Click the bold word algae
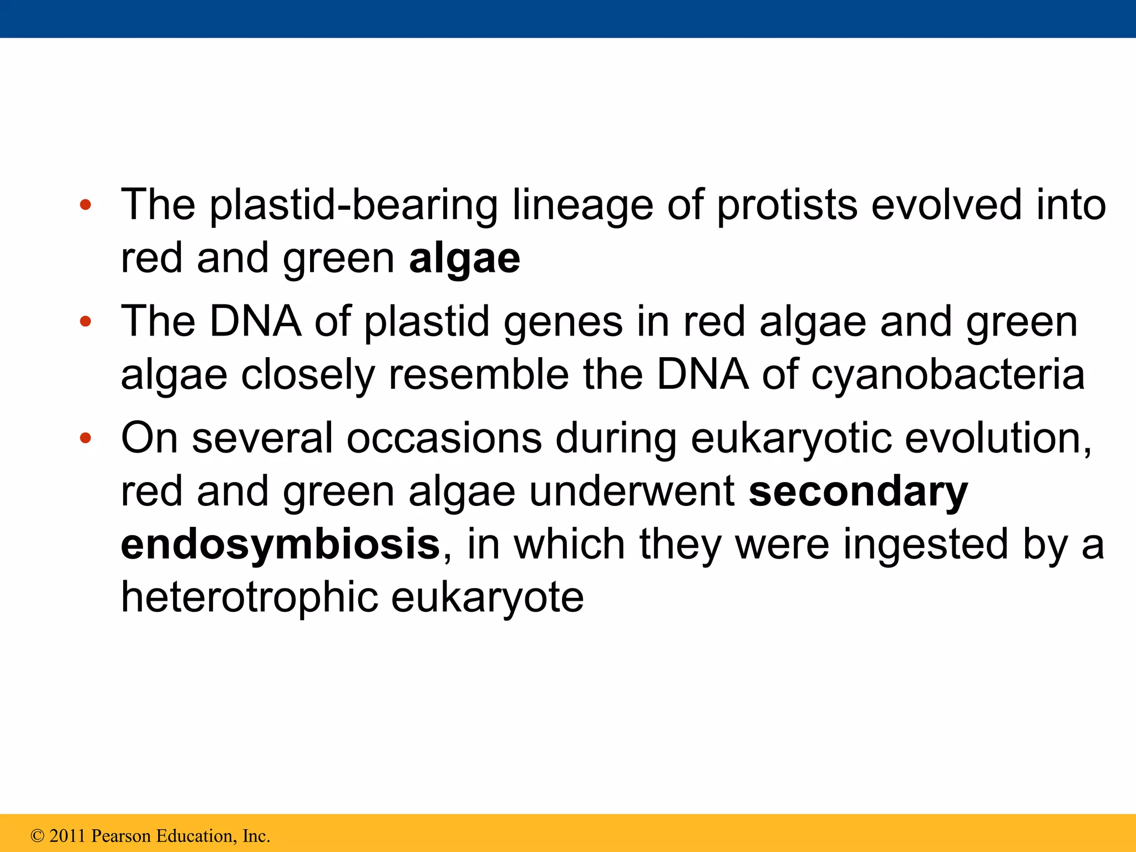[464, 259]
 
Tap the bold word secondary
[858, 492]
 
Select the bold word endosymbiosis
[280, 545]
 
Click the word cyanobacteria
[947, 376]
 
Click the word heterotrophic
[248, 598]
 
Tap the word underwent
[631, 492]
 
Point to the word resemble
[478, 376]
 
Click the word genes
[562, 323]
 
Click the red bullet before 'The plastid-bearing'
[85, 205]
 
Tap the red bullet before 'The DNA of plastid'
[85, 322]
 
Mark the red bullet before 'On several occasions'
[85, 438]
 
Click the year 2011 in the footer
[67, 836]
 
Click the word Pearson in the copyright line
[120, 836]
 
